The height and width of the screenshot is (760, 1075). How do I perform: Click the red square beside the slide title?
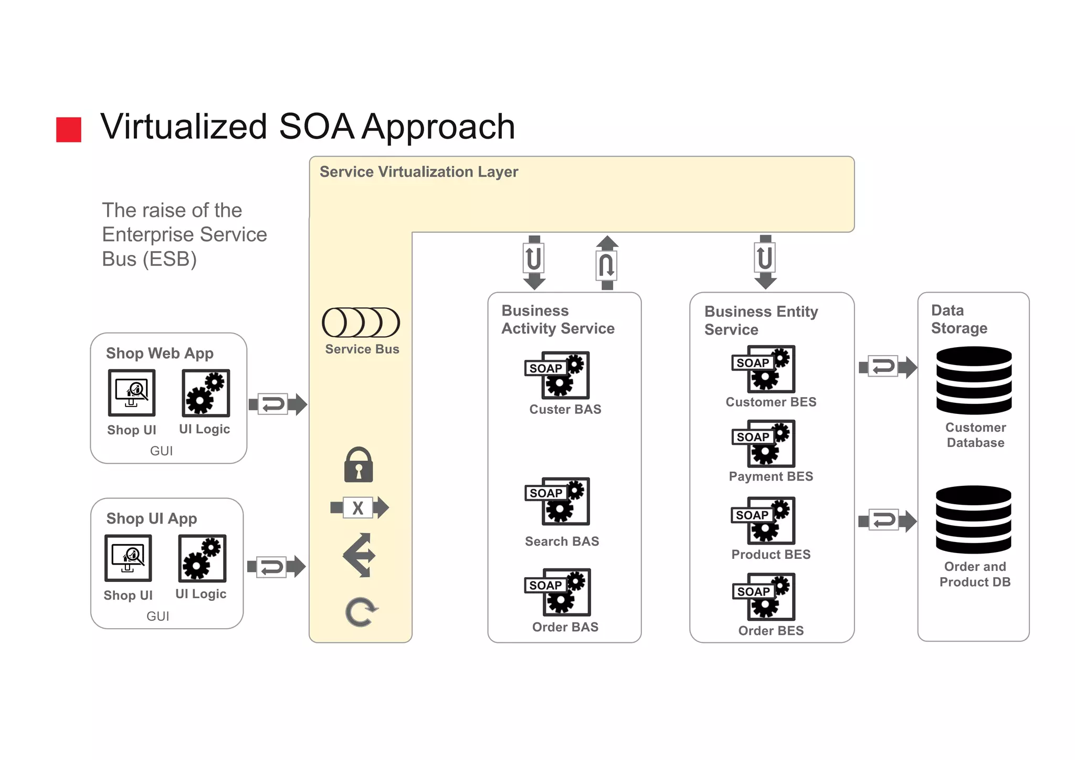click(69, 130)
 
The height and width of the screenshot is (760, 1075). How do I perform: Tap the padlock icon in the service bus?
click(359, 465)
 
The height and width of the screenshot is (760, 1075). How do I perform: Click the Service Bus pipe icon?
click(361, 322)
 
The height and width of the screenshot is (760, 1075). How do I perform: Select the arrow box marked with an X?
click(359, 508)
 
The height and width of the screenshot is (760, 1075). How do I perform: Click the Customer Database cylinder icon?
click(974, 380)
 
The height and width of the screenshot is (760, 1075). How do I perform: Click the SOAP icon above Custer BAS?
click(557, 375)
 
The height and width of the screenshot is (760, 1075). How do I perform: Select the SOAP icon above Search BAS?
click(557, 501)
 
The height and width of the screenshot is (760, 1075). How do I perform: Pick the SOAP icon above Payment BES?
click(764, 443)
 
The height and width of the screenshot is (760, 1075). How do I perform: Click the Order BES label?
click(771, 630)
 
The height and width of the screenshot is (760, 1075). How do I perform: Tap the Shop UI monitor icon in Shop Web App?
click(132, 392)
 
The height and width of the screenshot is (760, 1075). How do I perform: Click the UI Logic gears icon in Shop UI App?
click(202, 558)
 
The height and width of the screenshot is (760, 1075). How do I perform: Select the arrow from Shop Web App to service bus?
click(278, 404)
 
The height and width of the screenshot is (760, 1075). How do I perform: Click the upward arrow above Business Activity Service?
click(607, 263)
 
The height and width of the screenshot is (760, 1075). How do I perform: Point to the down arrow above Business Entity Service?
click(765, 262)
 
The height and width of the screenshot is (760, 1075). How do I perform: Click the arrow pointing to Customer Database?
click(887, 367)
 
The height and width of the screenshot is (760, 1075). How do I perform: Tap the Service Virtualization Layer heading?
click(418, 172)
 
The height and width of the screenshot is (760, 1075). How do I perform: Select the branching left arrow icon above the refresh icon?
click(360, 555)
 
